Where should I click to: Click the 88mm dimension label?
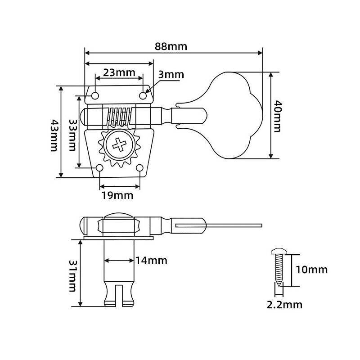(171, 46)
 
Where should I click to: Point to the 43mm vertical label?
(54, 135)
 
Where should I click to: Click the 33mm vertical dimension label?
(72, 135)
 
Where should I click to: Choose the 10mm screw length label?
(311, 270)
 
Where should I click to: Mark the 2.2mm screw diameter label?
(284, 305)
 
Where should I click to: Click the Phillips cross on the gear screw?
(120, 145)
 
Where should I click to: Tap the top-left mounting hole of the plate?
(95, 96)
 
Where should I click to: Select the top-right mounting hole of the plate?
(143, 95)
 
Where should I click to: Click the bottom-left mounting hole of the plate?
(99, 168)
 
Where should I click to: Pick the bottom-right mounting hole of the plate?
(139, 168)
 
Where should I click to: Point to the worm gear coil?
(119, 116)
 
